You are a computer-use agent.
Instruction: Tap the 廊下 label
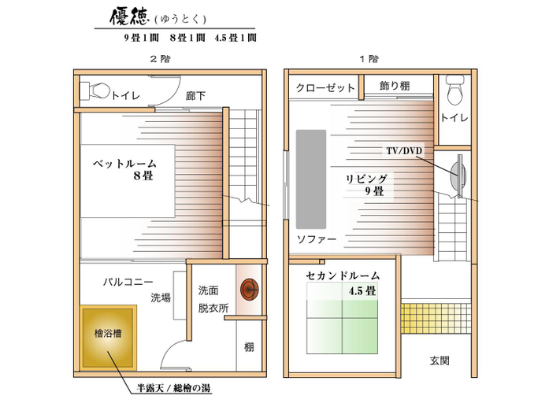pyautogui.click(x=195, y=96)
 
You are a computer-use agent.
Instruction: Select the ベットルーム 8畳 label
pyautogui.click(x=124, y=169)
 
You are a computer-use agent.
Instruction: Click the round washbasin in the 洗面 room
pyautogui.click(x=250, y=290)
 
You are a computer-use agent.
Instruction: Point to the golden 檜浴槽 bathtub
pyautogui.click(x=109, y=338)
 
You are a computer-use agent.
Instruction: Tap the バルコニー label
pyautogui.click(x=128, y=283)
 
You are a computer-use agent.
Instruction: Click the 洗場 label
pyautogui.click(x=160, y=298)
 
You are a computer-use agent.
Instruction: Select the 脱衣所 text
pyautogui.click(x=213, y=308)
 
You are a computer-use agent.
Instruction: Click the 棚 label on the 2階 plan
pyautogui.click(x=249, y=347)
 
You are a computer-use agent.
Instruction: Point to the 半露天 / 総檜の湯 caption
pyautogui.click(x=173, y=388)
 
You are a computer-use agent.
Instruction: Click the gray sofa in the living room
pyautogui.click(x=311, y=179)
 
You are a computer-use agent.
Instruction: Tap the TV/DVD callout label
pyautogui.click(x=404, y=150)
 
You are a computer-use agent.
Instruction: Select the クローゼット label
pyautogui.click(x=325, y=88)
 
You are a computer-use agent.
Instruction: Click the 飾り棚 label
pyautogui.click(x=395, y=86)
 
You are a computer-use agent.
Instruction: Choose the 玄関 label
pyautogui.click(x=440, y=360)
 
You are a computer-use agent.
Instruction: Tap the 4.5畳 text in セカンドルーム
pyautogui.click(x=362, y=291)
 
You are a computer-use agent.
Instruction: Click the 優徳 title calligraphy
pyautogui.click(x=129, y=17)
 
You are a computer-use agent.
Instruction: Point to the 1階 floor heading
pyautogui.click(x=369, y=59)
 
